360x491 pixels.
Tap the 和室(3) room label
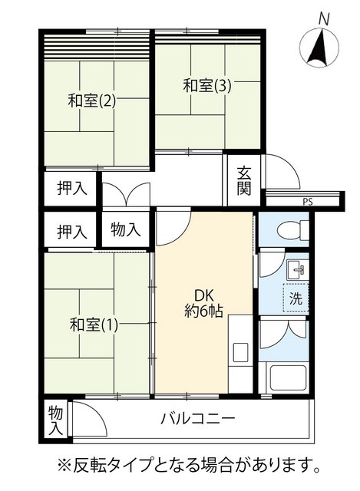click(x=207, y=85)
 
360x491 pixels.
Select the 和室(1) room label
click(x=94, y=325)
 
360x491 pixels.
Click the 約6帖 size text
click(x=203, y=311)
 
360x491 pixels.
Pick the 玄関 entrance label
click(x=244, y=181)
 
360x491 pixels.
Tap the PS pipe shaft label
click(x=308, y=202)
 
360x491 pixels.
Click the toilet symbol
click(x=293, y=230)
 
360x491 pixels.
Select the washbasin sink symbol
click(x=296, y=269)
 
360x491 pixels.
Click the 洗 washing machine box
click(x=296, y=298)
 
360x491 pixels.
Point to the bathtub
click(x=288, y=377)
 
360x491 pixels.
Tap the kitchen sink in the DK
click(x=240, y=352)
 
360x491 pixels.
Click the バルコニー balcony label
click(x=197, y=418)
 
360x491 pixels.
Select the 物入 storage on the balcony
click(x=55, y=420)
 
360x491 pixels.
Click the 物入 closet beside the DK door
click(x=126, y=230)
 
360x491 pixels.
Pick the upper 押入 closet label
click(x=71, y=189)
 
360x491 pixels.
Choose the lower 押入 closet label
click(x=71, y=232)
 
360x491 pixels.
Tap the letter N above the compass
click(x=324, y=20)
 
